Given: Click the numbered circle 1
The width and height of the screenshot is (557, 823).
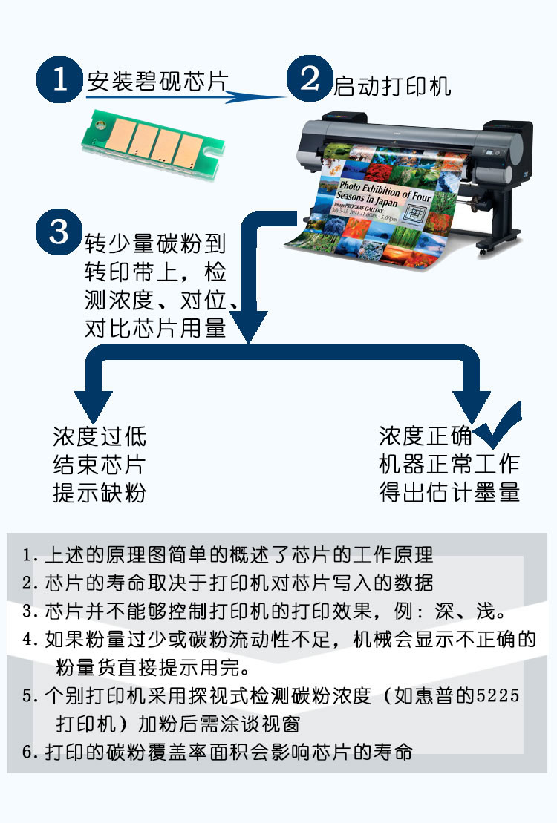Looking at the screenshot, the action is (59, 80).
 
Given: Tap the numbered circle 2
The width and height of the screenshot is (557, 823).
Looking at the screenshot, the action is (310, 78).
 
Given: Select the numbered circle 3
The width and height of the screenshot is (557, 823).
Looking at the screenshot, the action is (59, 232).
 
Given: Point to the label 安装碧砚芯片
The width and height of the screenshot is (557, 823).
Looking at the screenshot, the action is (158, 82).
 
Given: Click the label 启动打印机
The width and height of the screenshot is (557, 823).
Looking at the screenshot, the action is (392, 86).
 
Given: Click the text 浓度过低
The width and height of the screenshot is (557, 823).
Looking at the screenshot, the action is (100, 436).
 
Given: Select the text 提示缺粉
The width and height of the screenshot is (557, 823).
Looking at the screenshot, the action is (100, 493).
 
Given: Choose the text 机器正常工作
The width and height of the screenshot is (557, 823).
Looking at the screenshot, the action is (449, 464).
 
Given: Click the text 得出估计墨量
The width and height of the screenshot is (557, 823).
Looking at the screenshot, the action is (449, 492).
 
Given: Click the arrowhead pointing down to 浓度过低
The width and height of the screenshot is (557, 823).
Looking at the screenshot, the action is (93, 406).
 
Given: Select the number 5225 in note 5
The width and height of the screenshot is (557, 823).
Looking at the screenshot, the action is (498, 695).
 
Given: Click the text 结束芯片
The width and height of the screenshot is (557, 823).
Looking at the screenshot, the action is (100, 465).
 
